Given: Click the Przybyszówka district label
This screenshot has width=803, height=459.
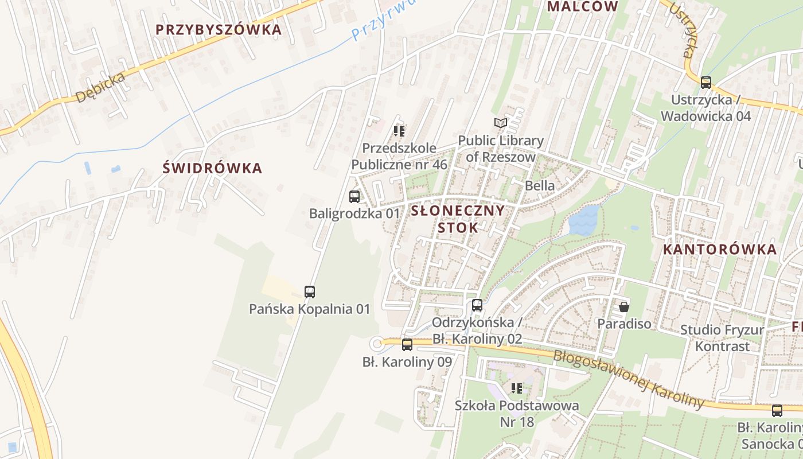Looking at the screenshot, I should click(219, 29).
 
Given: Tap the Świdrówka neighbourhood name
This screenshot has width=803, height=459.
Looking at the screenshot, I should click(212, 168).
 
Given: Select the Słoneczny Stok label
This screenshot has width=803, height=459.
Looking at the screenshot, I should click(458, 219).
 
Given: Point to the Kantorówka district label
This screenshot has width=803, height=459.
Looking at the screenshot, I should click(720, 249).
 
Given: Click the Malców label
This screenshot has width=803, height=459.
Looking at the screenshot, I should click(582, 7).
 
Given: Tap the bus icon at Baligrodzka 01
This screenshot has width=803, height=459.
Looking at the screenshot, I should click(354, 197).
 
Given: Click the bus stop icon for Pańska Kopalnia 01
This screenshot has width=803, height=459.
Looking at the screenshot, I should click(310, 291).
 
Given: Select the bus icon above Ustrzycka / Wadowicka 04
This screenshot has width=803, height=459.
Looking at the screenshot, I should click(705, 82).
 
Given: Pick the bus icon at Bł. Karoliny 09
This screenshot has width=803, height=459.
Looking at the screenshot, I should click(407, 344).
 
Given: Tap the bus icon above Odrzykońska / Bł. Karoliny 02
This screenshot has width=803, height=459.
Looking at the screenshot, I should click(477, 305).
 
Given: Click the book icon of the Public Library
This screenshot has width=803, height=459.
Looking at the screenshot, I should click(501, 123).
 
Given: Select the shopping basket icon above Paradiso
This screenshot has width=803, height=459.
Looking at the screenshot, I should click(624, 307).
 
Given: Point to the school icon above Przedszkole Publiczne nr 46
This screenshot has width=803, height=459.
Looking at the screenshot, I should click(399, 131).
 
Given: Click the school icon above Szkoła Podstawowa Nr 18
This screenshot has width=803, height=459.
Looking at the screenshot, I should click(517, 388).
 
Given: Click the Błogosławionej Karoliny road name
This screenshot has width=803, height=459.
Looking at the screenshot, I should click(628, 378).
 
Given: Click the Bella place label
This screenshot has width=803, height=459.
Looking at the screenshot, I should click(540, 185).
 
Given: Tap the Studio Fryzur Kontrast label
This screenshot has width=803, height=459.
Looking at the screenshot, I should click(722, 338).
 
